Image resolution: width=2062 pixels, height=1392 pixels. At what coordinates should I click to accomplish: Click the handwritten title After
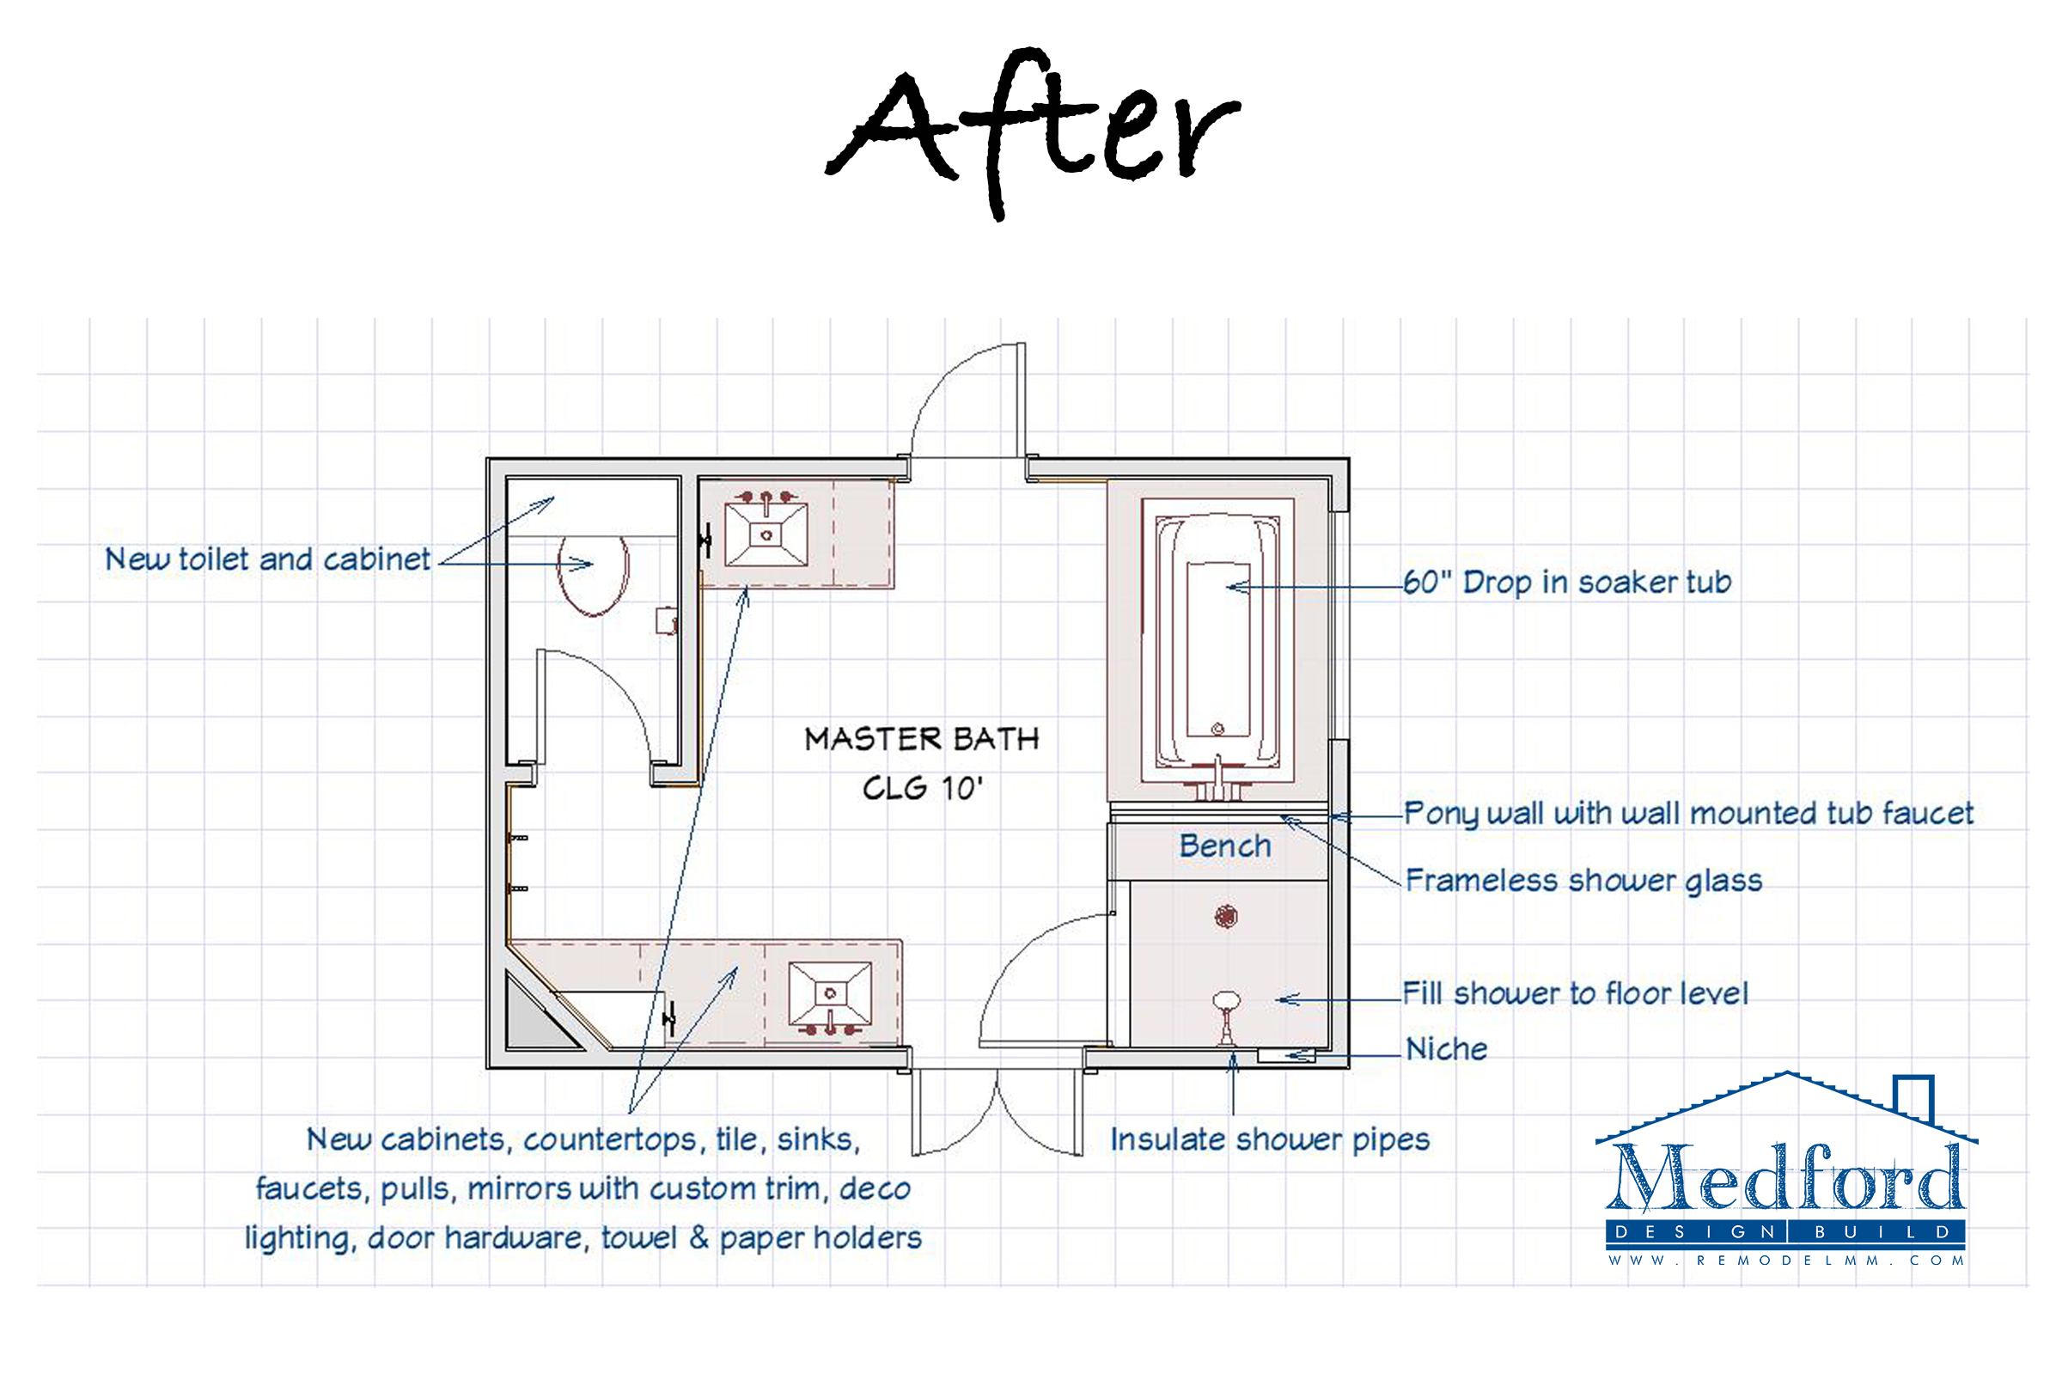(1033, 133)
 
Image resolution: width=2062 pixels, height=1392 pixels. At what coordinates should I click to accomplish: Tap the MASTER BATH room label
(922, 739)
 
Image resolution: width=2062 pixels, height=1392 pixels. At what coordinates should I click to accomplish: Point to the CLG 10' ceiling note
(923, 788)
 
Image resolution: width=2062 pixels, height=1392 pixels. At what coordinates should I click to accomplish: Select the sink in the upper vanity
(766, 534)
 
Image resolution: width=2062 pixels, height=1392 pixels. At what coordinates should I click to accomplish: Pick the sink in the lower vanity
(830, 993)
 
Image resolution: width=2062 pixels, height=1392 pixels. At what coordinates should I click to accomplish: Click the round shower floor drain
(1226, 917)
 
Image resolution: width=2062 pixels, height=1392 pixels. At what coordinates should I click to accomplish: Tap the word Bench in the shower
(1225, 846)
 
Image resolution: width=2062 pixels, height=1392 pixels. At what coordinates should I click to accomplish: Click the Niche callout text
(1446, 1048)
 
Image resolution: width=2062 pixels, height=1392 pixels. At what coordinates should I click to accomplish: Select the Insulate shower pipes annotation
(1270, 1140)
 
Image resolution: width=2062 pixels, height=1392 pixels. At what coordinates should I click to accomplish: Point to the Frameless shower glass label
(1583, 881)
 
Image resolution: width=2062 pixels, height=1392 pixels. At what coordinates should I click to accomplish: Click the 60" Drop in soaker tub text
(1567, 582)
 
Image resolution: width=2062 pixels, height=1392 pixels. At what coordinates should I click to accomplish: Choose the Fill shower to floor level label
(1575, 992)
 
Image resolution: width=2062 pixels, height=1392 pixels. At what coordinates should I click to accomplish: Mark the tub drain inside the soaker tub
(1218, 730)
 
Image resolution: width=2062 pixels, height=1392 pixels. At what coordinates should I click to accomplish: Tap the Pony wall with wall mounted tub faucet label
(1688, 814)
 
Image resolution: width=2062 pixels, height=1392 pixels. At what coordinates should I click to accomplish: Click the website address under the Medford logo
(1785, 1260)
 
